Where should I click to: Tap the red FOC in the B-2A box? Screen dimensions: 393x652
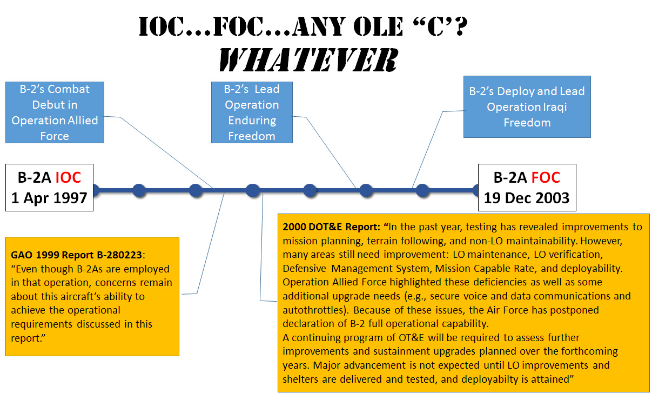(545, 177)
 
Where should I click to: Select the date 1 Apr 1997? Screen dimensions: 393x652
(49, 198)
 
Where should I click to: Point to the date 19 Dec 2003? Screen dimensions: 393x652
(527, 197)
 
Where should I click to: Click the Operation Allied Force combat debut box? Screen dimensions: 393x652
(55, 112)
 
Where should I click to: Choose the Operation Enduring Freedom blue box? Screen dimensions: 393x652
(252, 112)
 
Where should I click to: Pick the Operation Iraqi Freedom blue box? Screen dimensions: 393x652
(527, 106)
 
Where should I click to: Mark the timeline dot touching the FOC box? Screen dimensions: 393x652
(476, 190)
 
